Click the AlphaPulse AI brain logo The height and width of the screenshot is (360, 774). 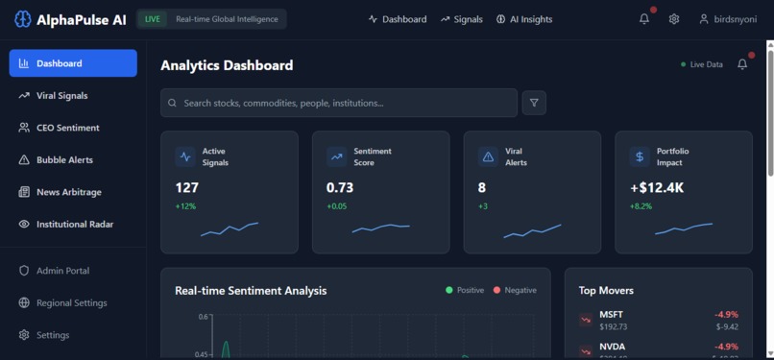pos(22,19)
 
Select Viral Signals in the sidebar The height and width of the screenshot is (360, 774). pos(61,96)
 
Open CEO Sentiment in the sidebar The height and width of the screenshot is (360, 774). pos(67,128)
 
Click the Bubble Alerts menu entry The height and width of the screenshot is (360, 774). pos(64,160)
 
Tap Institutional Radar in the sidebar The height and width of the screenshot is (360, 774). pos(74,224)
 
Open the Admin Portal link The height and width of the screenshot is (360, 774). pos(62,271)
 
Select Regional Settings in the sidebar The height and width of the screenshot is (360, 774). pos(71,302)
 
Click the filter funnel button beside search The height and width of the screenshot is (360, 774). pos(534,103)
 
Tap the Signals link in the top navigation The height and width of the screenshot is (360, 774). pos(462,19)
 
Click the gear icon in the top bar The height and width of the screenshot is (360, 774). pos(674,19)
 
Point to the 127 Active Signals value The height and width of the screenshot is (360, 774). pos(186,188)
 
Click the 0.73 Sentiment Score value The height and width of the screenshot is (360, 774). pos(341,188)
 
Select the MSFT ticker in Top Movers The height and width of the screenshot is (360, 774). pos(611,314)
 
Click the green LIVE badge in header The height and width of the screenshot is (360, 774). pos(153,19)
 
